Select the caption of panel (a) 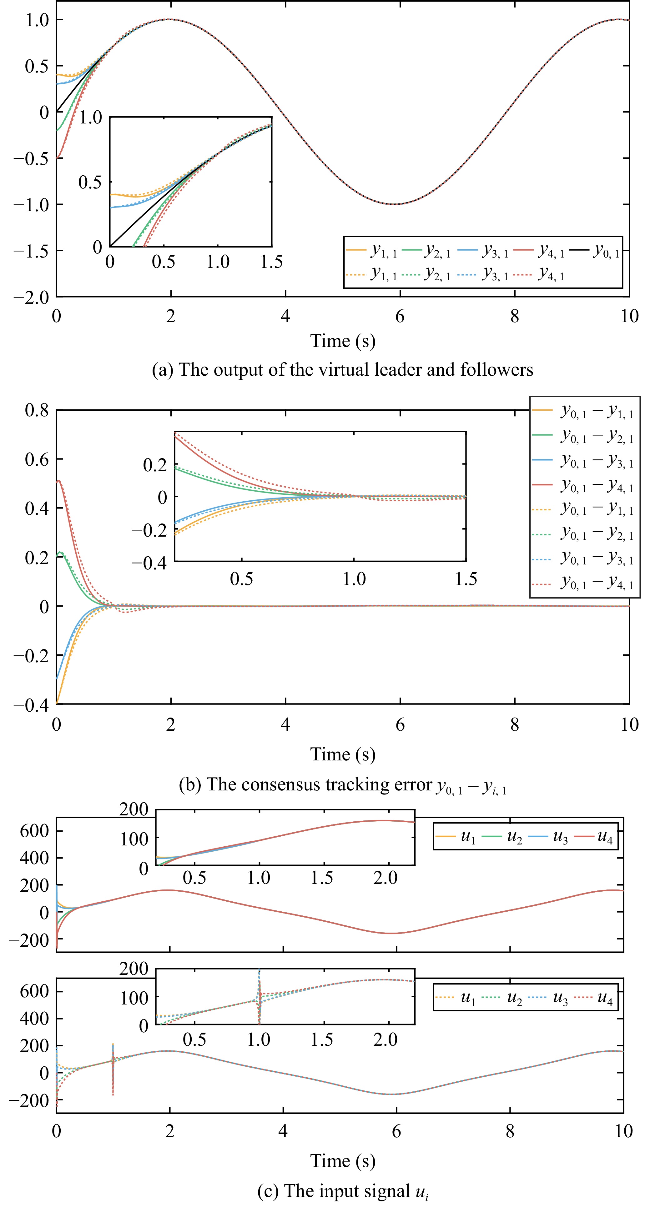[343, 370]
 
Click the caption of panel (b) [343, 785]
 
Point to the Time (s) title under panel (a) [343, 341]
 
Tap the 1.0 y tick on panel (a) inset [90, 118]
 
